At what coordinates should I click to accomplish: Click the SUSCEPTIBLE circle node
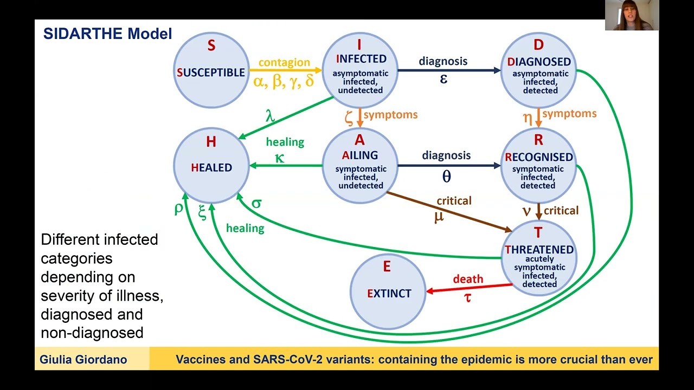pyautogui.click(x=211, y=70)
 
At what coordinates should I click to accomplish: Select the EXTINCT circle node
pyautogui.click(x=388, y=291)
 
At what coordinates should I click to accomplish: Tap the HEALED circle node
pyautogui.click(x=211, y=166)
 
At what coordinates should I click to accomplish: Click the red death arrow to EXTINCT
pyautogui.click(x=469, y=288)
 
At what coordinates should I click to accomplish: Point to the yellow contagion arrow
pyautogui.click(x=286, y=70)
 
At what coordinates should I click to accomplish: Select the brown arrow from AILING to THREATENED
pyautogui.click(x=449, y=212)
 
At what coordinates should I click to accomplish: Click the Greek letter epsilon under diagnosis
pyautogui.click(x=444, y=79)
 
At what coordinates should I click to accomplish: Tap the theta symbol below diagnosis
pyautogui.click(x=446, y=176)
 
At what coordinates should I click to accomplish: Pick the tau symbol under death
pyautogui.click(x=467, y=298)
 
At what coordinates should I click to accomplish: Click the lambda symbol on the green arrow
pyautogui.click(x=270, y=116)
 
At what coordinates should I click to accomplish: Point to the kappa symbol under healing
pyautogui.click(x=279, y=158)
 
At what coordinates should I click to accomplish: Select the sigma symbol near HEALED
pyautogui.click(x=257, y=203)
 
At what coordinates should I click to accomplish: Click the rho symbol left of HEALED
pyautogui.click(x=179, y=209)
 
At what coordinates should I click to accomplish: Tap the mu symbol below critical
pyautogui.click(x=439, y=217)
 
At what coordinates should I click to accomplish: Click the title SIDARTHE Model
pyautogui.click(x=107, y=34)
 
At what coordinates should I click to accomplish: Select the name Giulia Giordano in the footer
pyautogui.click(x=83, y=359)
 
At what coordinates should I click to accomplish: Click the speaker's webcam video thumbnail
pyautogui.click(x=632, y=15)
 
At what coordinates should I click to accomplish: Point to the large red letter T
pyautogui.click(x=538, y=232)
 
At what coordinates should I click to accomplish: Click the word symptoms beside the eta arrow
pyautogui.click(x=569, y=114)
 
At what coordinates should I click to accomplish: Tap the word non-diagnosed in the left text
pyautogui.click(x=92, y=333)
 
